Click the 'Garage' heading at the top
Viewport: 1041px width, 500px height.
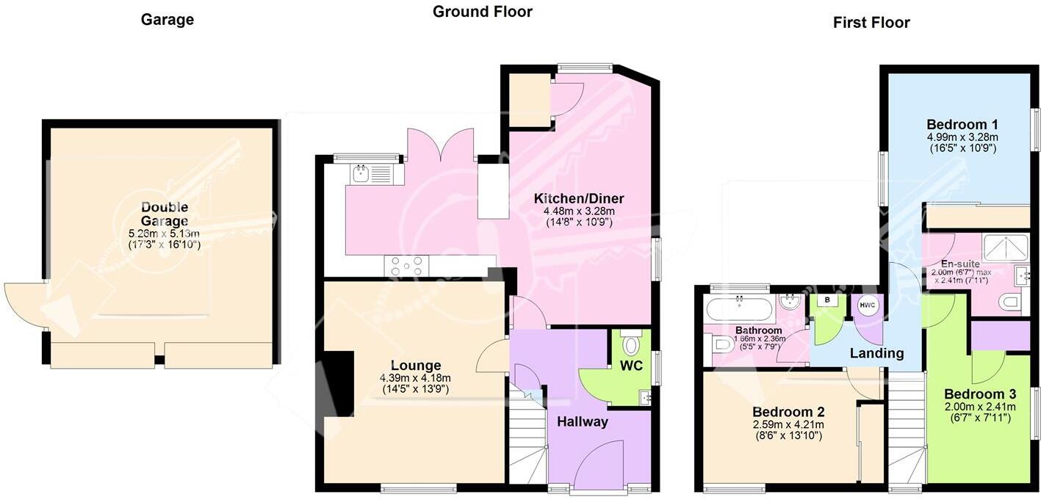(168, 20)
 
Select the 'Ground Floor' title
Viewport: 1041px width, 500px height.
(482, 12)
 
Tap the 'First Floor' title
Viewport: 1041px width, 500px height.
(871, 23)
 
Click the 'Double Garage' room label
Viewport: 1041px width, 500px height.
(165, 214)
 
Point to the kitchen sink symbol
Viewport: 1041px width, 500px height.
(361, 174)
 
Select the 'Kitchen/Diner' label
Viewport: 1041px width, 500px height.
(579, 198)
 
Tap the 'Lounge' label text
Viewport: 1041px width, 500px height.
(416, 366)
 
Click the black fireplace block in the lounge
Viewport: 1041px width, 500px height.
(339, 385)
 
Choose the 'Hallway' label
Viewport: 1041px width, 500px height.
(583, 421)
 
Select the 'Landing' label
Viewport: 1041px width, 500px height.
(876, 353)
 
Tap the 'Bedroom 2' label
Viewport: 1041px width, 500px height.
(788, 412)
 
